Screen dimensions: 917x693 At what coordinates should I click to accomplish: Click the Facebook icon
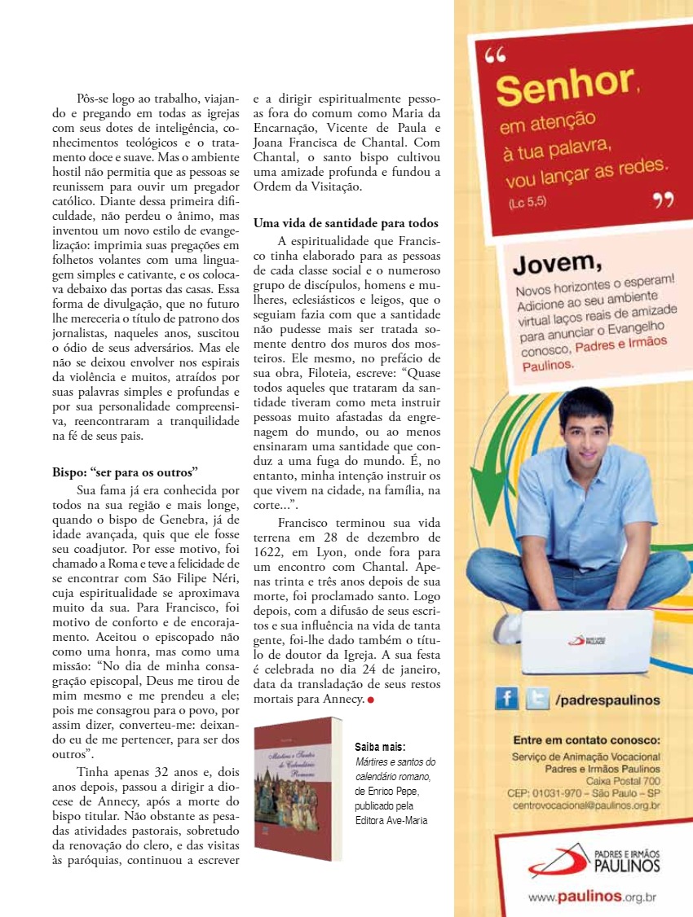tap(506, 699)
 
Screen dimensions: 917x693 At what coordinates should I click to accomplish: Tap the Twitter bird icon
tap(537, 699)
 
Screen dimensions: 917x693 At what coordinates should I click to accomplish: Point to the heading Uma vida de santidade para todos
tap(346, 223)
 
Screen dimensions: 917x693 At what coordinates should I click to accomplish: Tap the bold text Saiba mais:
tap(380, 747)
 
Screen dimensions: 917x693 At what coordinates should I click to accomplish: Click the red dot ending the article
tap(370, 700)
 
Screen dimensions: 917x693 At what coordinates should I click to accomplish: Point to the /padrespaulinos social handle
tap(607, 700)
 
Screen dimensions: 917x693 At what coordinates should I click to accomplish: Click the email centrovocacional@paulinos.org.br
tap(586, 805)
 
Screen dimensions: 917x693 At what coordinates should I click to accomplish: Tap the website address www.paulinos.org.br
tap(592, 897)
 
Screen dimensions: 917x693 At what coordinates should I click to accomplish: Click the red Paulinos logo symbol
tap(558, 860)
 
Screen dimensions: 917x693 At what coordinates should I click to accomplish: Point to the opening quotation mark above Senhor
tap(495, 55)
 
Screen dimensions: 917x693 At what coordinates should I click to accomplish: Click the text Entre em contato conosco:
tap(586, 740)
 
